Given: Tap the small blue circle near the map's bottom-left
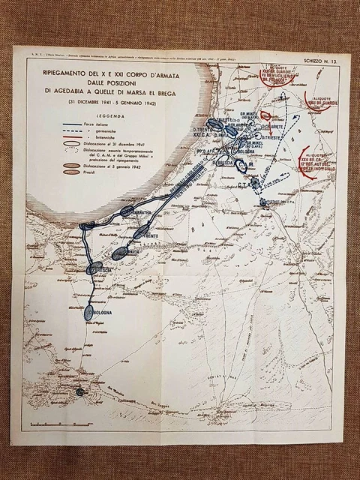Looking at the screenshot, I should click(x=80, y=391).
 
